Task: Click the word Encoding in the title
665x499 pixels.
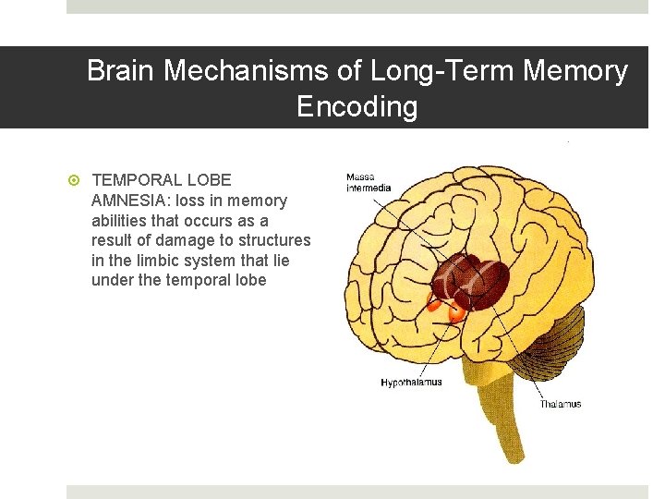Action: (357, 107)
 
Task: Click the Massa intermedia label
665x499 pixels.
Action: (369, 182)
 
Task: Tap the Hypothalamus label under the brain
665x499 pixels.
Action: (411, 383)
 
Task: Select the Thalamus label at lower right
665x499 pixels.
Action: (561, 405)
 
